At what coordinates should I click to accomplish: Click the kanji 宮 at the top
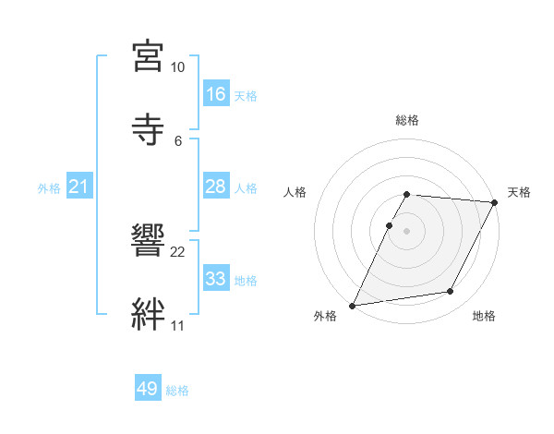click(x=149, y=56)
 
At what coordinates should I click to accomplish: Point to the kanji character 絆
click(x=149, y=313)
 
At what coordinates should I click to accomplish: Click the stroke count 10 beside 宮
click(x=177, y=67)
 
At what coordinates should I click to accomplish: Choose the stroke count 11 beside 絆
click(x=177, y=325)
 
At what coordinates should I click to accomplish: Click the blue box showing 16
click(x=216, y=94)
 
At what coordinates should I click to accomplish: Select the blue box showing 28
click(x=216, y=187)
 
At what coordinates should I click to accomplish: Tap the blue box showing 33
click(x=216, y=279)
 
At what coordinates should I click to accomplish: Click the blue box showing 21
click(x=79, y=187)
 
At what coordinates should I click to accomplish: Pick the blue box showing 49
click(x=148, y=390)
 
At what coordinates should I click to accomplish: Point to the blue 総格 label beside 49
click(x=177, y=391)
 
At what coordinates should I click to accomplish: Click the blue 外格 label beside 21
click(x=49, y=188)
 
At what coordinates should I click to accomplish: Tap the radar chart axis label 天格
click(x=519, y=192)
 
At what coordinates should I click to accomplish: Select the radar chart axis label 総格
click(x=407, y=120)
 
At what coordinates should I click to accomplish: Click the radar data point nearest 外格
click(x=352, y=306)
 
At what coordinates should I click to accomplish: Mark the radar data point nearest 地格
click(x=451, y=292)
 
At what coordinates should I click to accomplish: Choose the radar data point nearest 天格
click(x=495, y=202)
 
